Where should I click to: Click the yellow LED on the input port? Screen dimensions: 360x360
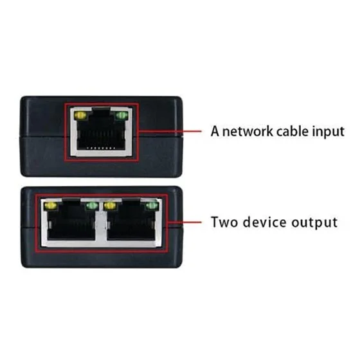point(80,116)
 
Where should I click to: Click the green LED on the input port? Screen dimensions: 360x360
point(122,116)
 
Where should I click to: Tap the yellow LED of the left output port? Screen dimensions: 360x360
point(50,206)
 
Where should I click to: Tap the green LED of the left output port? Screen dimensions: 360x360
point(91,206)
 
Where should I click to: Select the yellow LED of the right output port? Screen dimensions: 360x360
point(110,206)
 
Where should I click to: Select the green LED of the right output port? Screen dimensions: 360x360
point(151,206)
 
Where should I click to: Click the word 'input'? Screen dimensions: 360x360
point(328,132)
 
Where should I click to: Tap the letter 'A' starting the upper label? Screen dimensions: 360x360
point(215,131)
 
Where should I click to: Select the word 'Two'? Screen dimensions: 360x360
point(224,222)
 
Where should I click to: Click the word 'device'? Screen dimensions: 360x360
point(265,222)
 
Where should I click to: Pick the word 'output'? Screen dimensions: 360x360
point(314,223)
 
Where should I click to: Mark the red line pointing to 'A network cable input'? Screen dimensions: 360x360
point(170,131)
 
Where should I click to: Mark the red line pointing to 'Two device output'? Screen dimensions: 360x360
point(184,222)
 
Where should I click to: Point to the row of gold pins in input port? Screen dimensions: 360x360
point(101,148)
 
